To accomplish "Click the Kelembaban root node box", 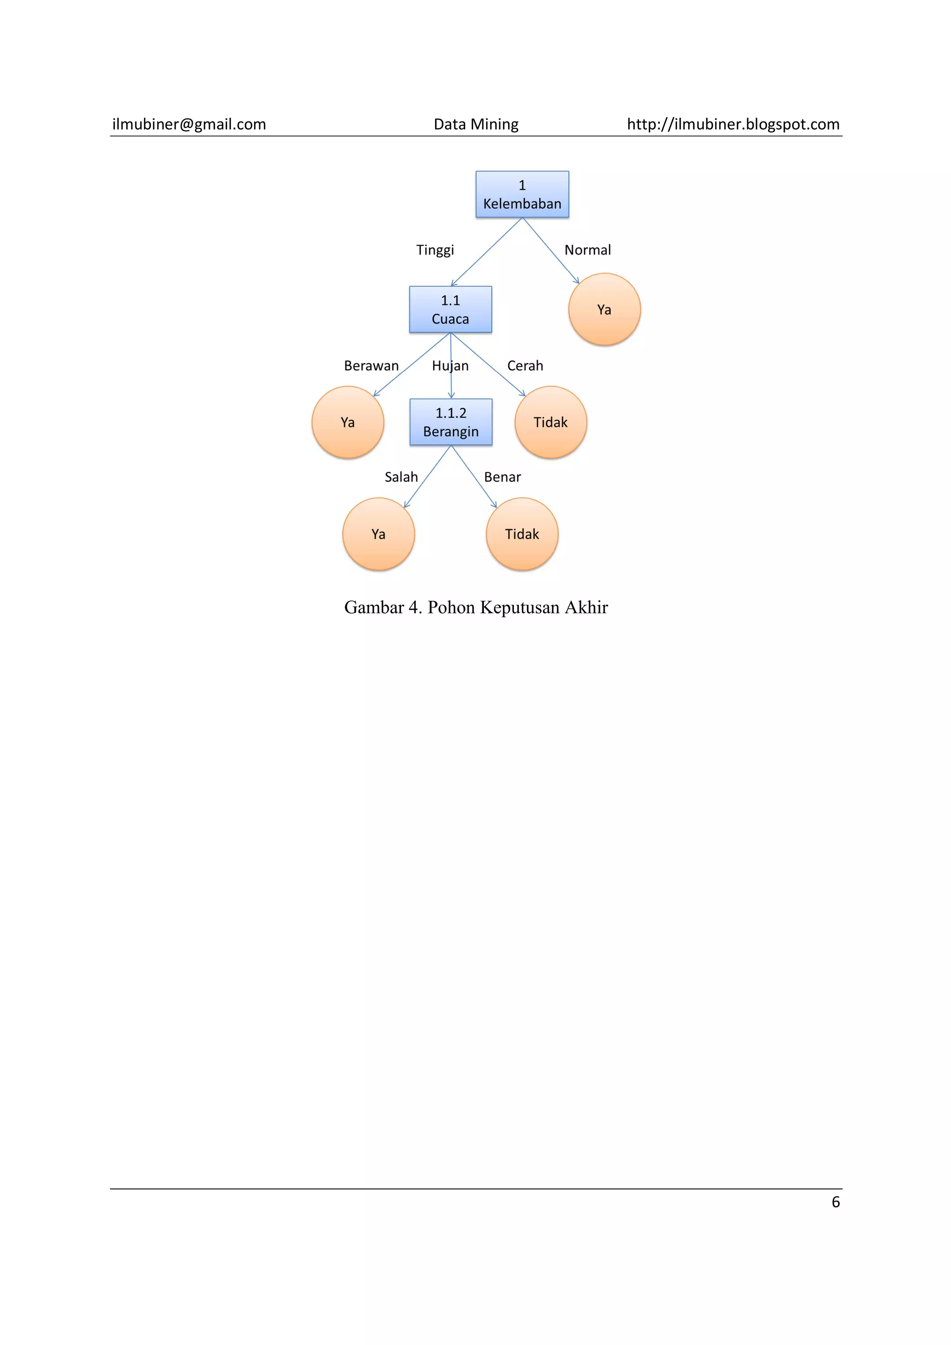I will click(x=521, y=194).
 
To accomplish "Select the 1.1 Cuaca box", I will click(x=450, y=309).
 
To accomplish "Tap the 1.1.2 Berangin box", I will click(x=450, y=422).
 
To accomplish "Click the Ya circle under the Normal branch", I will click(x=604, y=309).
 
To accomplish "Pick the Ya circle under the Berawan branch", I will click(x=347, y=422).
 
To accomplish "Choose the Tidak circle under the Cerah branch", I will click(x=550, y=422).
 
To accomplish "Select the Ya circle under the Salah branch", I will click(x=378, y=534).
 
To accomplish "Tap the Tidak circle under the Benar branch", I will click(x=521, y=534).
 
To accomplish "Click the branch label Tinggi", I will click(x=435, y=250).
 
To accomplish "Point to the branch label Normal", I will click(x=587, y=250).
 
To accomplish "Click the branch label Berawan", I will click(x=371, y=366).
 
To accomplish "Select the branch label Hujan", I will click(x=450, y=366).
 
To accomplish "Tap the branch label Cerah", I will click(x=525, y=366).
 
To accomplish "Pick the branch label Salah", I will click(x=401, y=477).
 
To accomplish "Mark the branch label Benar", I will click(x=502, y=477).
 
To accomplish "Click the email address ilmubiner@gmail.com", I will click(x=189, y=124).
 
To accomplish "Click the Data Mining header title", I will click(x=476, y=124).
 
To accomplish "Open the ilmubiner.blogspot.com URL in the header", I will click(x=733, y=124).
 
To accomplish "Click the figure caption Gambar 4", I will click(x=476, y=607).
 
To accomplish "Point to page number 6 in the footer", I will click(x=835, y=1202).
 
